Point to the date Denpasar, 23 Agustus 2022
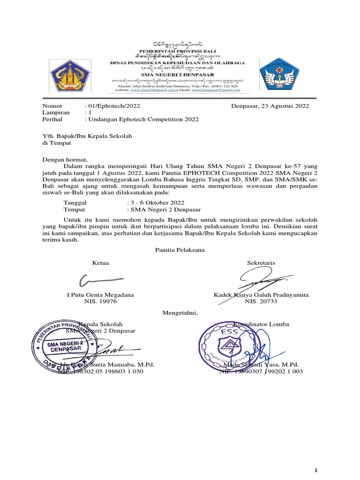(270, 106)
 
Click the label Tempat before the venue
(75, 210)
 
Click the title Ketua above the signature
(101, 263)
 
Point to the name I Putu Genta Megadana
(101, 295)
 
